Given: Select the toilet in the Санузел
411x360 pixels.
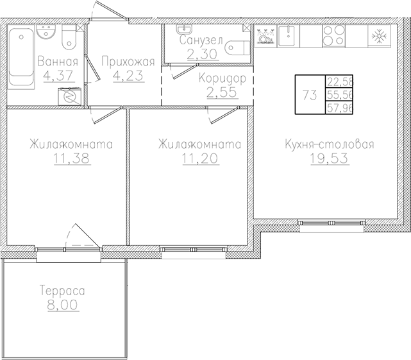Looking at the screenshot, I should (x=238, y=50).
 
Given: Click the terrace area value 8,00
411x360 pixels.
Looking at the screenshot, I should (x=62, y=305).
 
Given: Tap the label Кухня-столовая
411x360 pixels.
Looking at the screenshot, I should (x=329, y=144).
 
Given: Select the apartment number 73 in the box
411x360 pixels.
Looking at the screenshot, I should (x=309, y=95).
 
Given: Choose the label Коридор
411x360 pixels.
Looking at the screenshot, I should (x=222, y=78).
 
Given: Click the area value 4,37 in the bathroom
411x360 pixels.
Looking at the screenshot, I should (x=58, y=76).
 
